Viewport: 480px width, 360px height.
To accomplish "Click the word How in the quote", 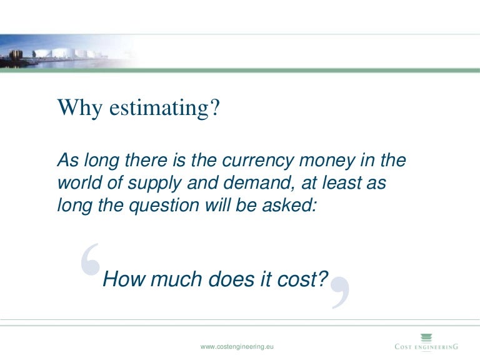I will coord(119,279).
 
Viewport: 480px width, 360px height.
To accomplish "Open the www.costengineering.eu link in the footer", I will coord(237,346).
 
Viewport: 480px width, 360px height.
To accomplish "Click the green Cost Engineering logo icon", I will coord(426,337).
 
